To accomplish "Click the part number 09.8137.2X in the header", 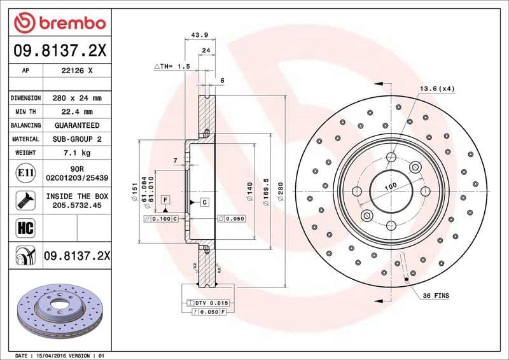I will [x=60, y=50].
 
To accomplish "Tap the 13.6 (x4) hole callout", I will [x=436, y=88].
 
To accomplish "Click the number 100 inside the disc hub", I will [x=390, y=185].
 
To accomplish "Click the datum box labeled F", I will [x=165, y=200].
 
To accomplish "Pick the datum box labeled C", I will [x=205, y=202].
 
